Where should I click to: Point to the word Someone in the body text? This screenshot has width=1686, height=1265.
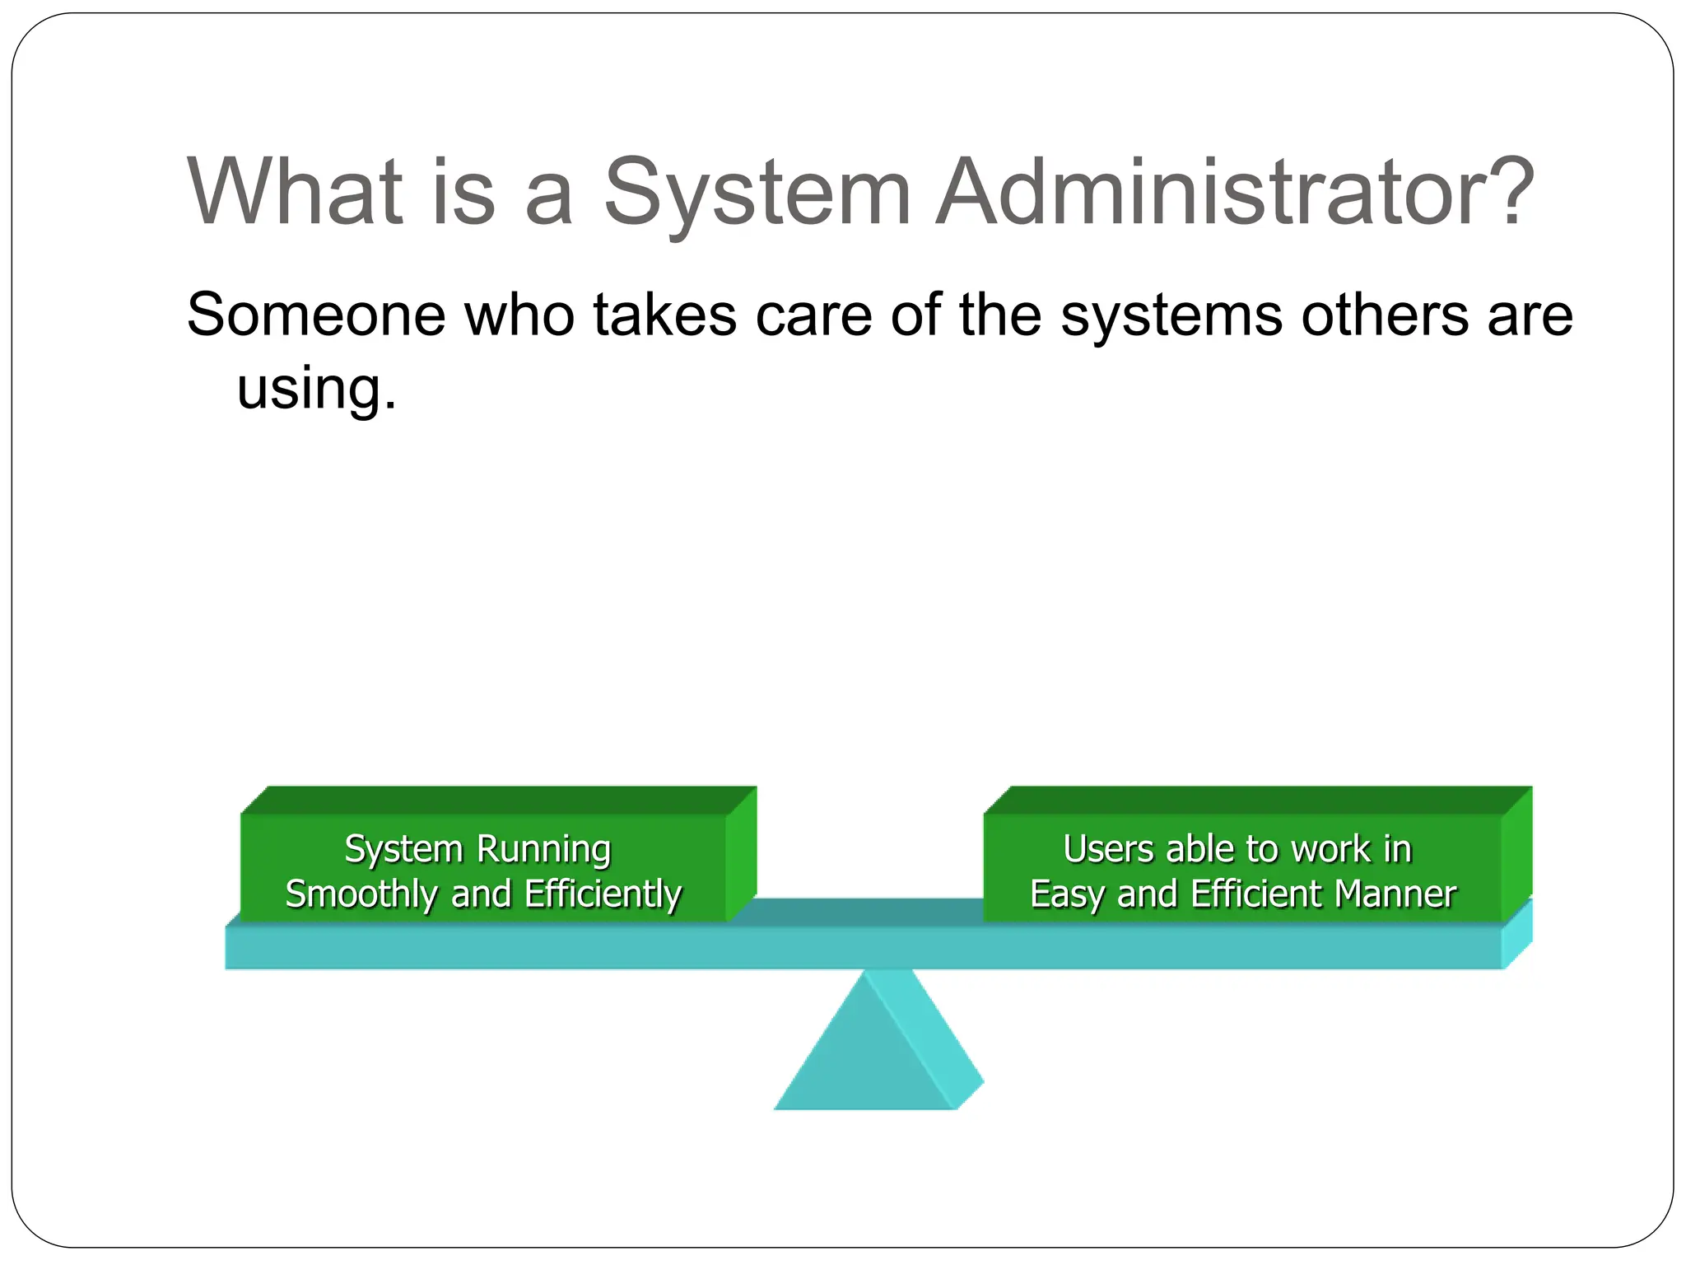tap(316, 315)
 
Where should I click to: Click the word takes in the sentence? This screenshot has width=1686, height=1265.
tap(664, 315)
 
